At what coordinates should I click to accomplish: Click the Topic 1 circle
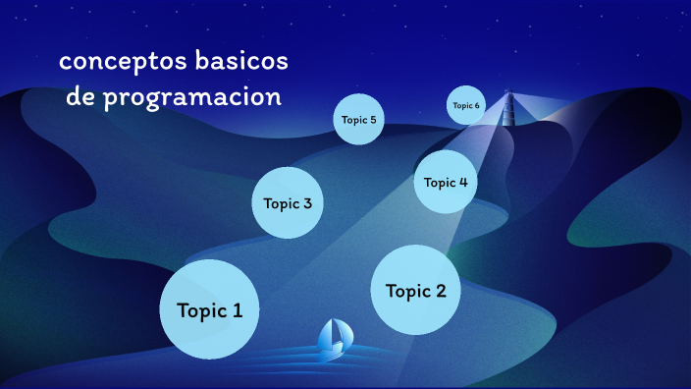coord(209,308)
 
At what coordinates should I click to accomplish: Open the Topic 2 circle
coord(416,290)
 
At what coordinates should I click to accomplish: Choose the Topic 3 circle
coord(288,203)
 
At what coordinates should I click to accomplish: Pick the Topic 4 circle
coord(446,182)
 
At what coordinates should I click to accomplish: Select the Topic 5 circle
coord(358,120)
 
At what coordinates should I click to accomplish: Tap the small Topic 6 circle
coord(466,105)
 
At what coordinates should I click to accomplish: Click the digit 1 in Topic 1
coord(238,310)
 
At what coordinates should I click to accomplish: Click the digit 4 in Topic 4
coord(462,182)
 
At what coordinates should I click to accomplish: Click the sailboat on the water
coord(334,337)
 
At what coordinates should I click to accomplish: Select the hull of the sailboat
coord(334,348)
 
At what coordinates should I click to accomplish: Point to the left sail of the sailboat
coord(327,334)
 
